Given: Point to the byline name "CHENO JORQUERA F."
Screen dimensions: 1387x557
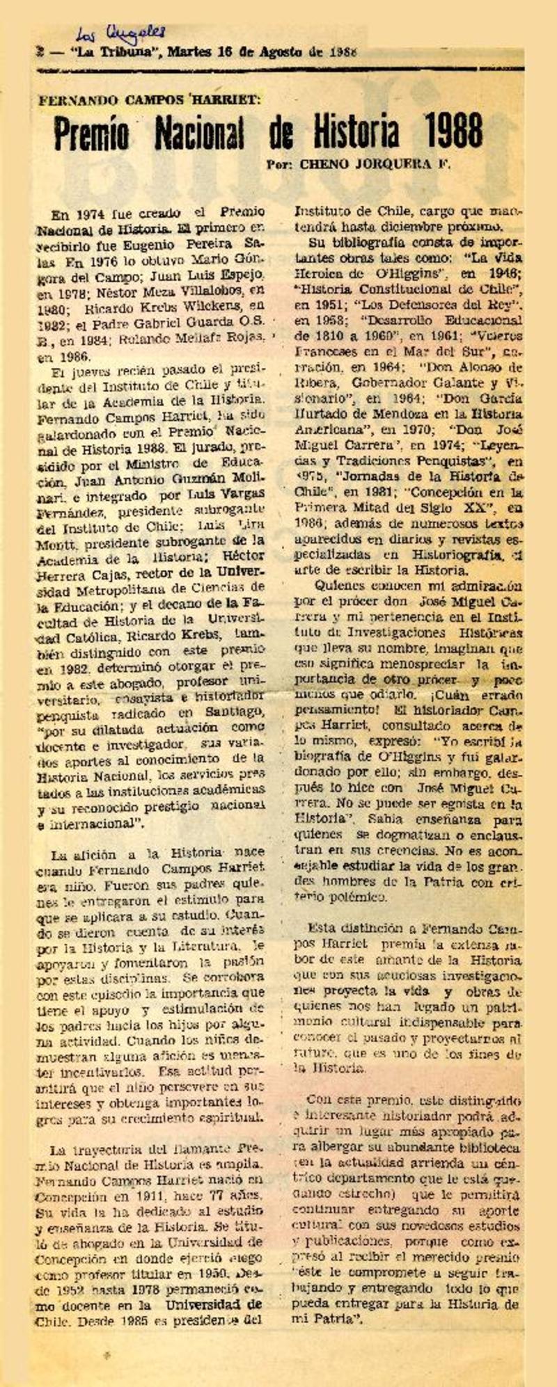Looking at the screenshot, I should pos(375,165).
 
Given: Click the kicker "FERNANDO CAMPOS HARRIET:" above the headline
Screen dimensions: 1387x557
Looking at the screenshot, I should pos(150,98).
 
